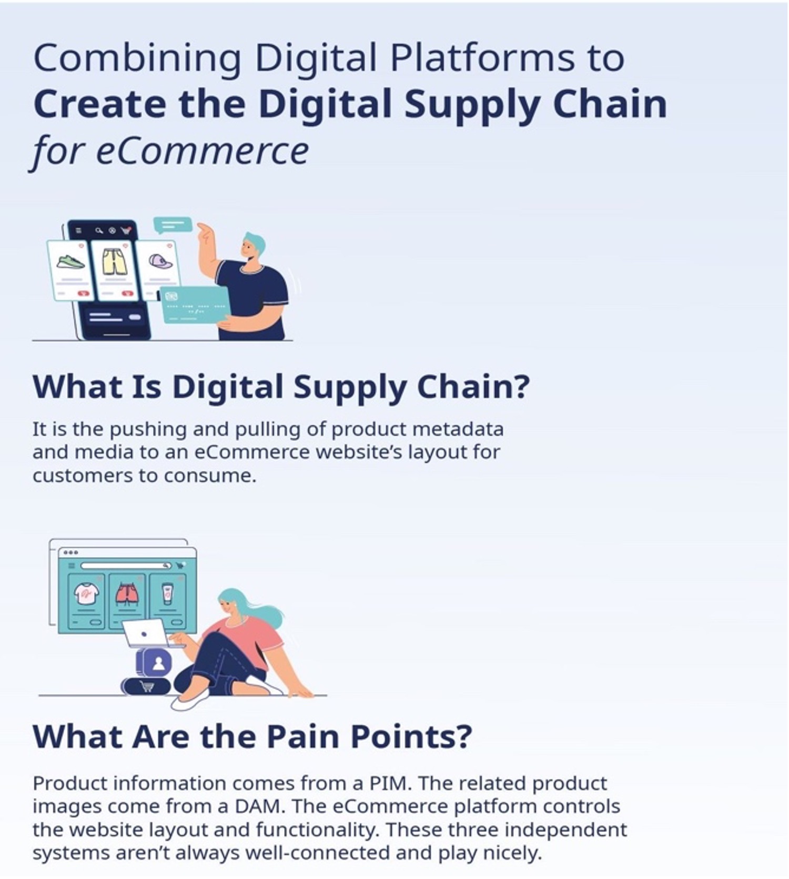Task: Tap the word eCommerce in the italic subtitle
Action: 203,151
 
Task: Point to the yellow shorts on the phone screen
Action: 115,261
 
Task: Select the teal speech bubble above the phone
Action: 173,225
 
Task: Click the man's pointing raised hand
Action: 207,232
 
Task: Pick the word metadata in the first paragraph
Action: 458,429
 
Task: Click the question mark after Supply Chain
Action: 520,387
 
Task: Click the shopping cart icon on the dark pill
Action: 147,686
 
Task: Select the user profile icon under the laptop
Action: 158,663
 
